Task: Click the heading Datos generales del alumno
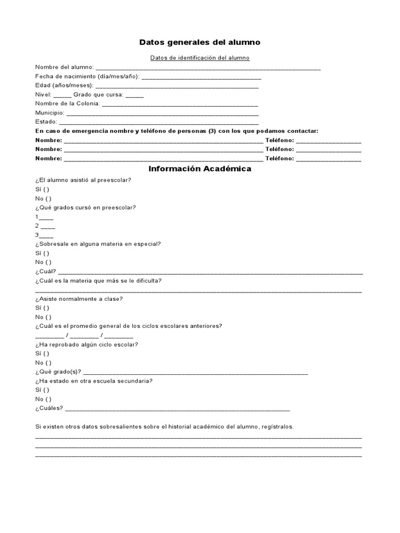click(200, 42)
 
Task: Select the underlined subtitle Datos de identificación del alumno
click(200, 58)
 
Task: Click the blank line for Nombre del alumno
click(208, 68)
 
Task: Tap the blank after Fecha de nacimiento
click(201, 78)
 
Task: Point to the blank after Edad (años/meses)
click(177, 86)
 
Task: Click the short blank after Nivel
click(62, 96)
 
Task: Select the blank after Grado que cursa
click(134, 96)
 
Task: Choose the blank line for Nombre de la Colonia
click(180, 105)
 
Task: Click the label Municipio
click(49, 113)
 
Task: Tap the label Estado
click(45, 122)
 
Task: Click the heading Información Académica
click(200, 169)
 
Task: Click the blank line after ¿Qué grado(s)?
click(195, 373)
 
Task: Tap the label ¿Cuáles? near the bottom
click(49, 409)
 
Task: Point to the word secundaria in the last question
click(136, 381)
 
